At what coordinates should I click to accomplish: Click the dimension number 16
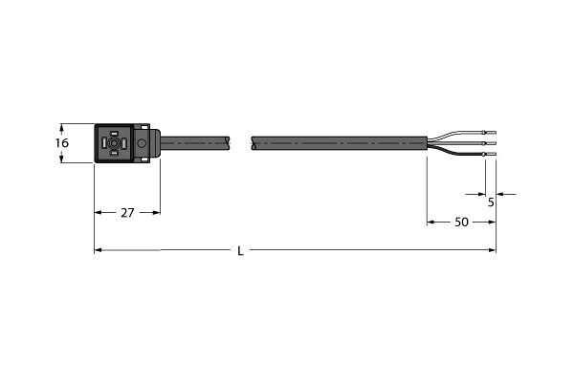pos(62,142)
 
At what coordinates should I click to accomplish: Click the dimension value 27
pos(126,213)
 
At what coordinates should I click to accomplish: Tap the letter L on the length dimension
pos(240,251)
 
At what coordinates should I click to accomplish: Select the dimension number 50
pos(461,222)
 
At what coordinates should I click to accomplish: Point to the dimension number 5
pos(491,202)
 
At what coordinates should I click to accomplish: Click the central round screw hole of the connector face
pos(114,144)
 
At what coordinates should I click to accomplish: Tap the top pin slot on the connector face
pos(114,132)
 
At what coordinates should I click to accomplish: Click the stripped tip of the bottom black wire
pos(491,155)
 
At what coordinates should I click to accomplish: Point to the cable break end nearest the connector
pos(229,143)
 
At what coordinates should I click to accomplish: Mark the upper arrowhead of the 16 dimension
pos(62,126)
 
